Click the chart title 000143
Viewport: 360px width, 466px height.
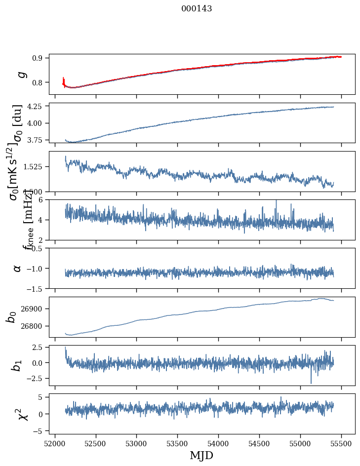tap(197, 9)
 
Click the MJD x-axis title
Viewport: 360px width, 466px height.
tap(201, 456)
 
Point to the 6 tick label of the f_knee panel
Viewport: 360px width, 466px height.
tap(43, 199)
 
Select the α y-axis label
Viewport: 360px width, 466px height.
tap(18, 268)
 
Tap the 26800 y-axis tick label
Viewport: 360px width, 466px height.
tap(34, 326)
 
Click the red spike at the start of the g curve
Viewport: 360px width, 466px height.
tap(64, 80)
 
